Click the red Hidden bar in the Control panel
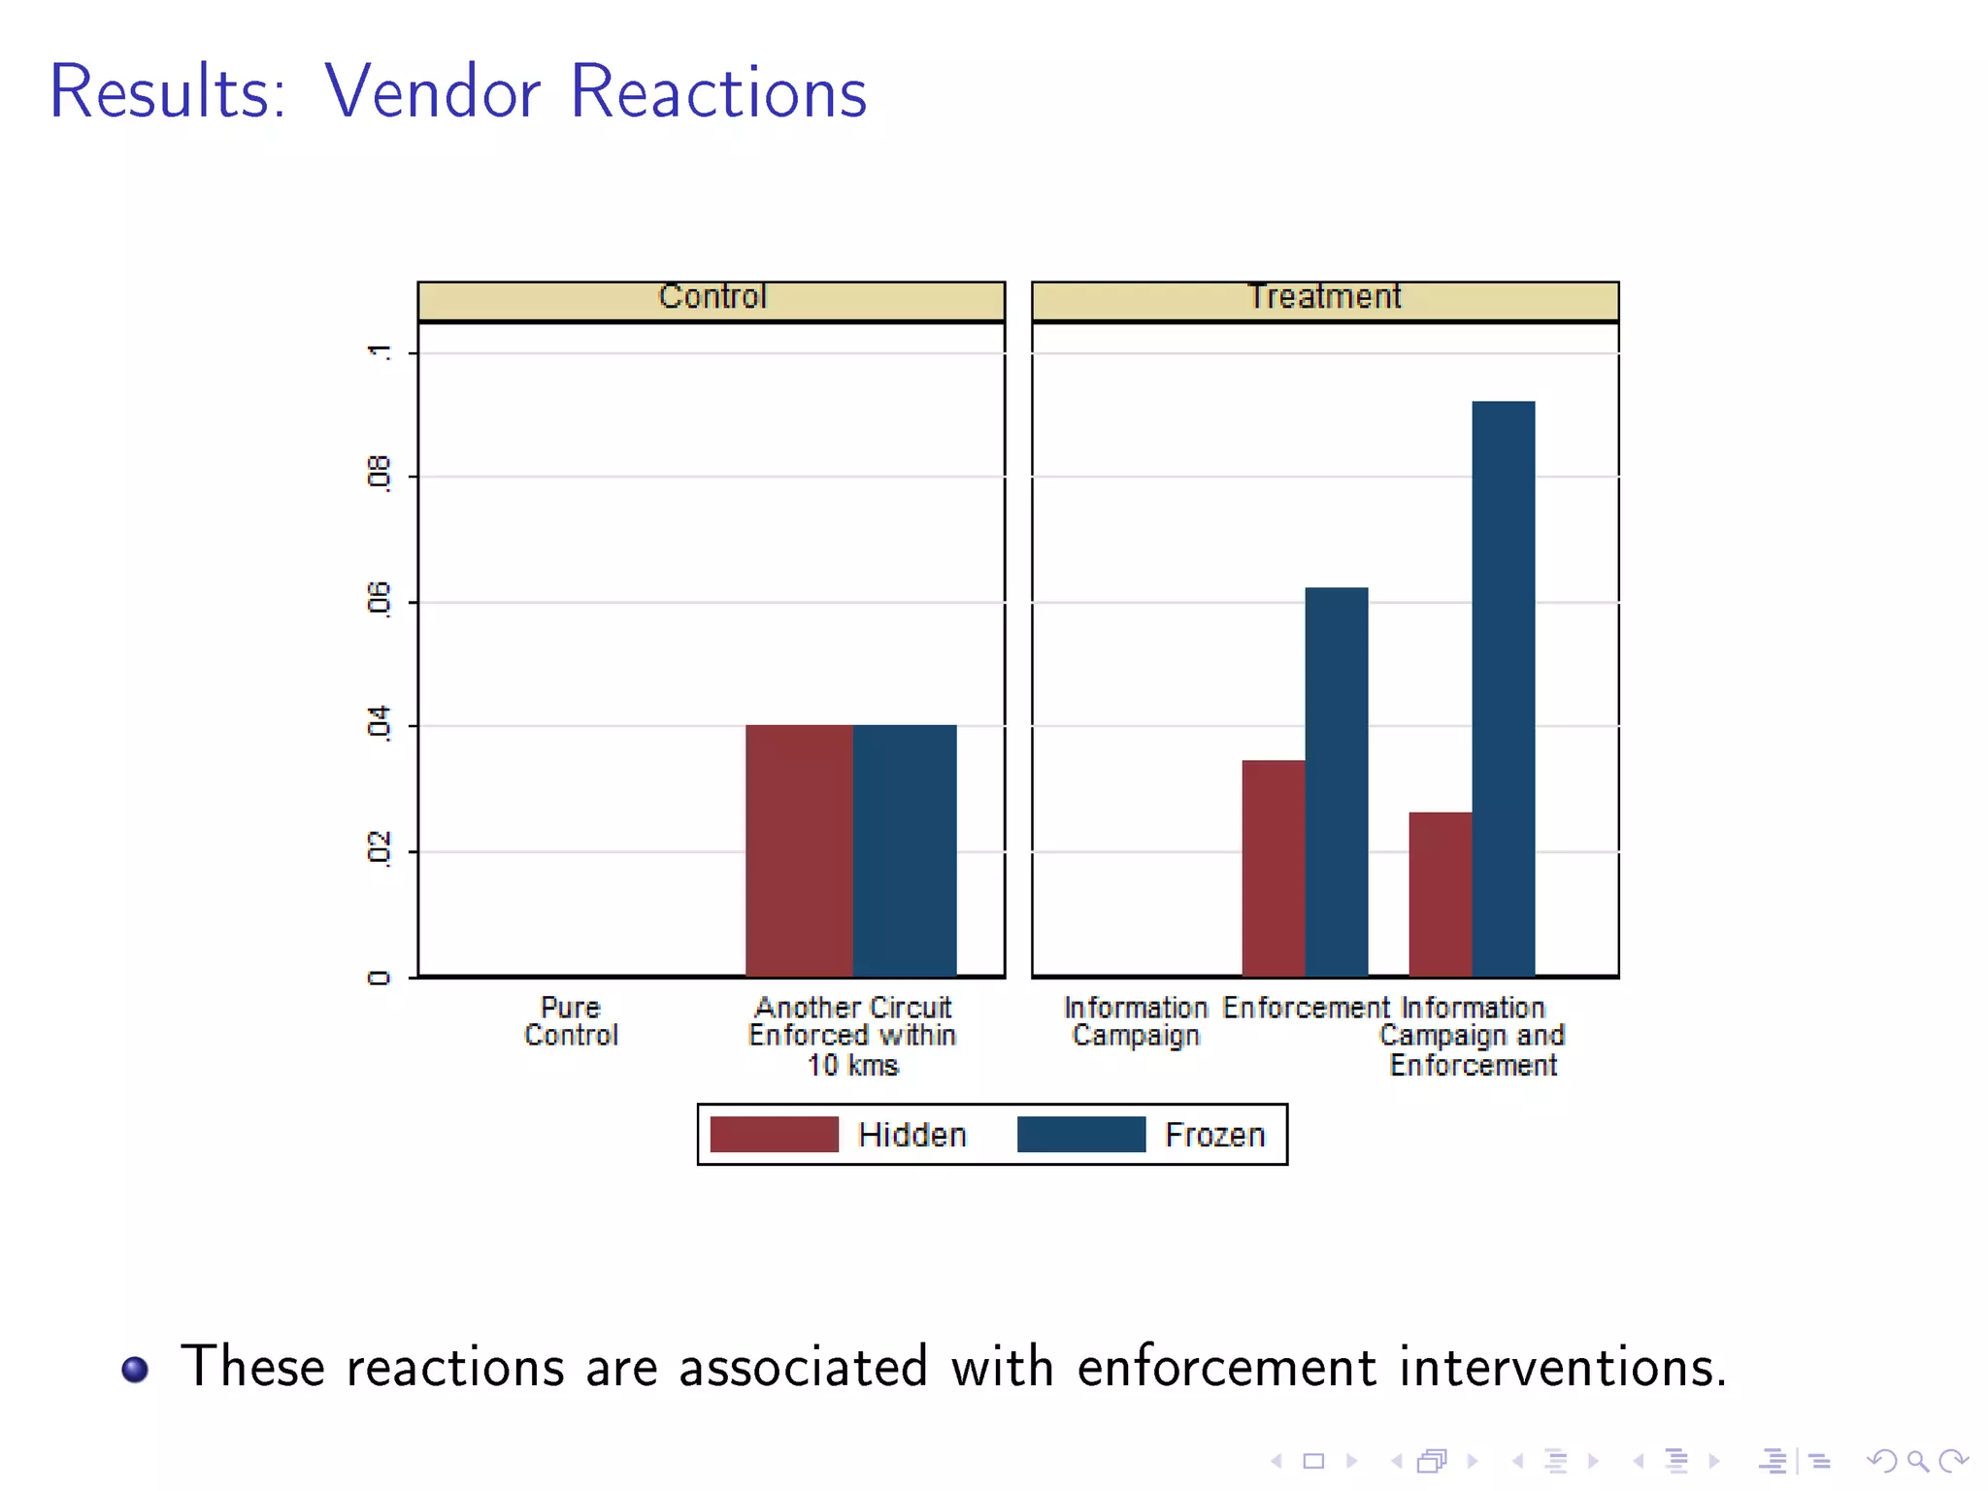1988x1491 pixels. pyautogui.click(x=798, y=850)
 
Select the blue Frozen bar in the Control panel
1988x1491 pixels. pyautogui.click(x=905, y=850)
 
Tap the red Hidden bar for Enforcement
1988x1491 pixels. pyautogui.click(x=1274, y=868)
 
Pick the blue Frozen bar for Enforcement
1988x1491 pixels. pyautogui.click(x=1337, y=781)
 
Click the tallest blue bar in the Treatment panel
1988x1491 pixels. pyautogui.click(x=1504, y=688)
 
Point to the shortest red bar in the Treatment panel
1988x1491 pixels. pyautogui.click(x=1441, y=894)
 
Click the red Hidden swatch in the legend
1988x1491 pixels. pyautogui.click(x=774, y=1134)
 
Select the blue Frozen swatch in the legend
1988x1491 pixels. pyautogui.click(x=1080, y=1134)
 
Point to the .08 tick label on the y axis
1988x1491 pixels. pyautogui.click(x=379, y=475)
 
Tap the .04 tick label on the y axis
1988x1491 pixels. pyautogui.click(x=379, y=724)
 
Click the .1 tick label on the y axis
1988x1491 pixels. pyautogui.click(x=379, y=351)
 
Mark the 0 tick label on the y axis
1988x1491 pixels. pyautogui.click(x=379, y=977)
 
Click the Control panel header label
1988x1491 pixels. pyautogui.click(x=712, y=297)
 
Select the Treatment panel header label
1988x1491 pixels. pyautogui.click(x=1324, y=297)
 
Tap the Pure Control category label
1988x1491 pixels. pyautogui.click(x=571, y=1021)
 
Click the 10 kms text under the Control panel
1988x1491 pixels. pyautogui.click(x=853, y=1066)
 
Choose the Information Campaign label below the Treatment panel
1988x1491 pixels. pyautogui.click(x=1136, y=1021)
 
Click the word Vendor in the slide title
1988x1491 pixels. pyautogui.click(x=431, y=92)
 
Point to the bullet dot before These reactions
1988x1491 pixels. pyautogui.click(x=135, y=1369)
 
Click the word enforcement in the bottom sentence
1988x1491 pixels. pyautogui.click(x=1226, y=1367)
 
